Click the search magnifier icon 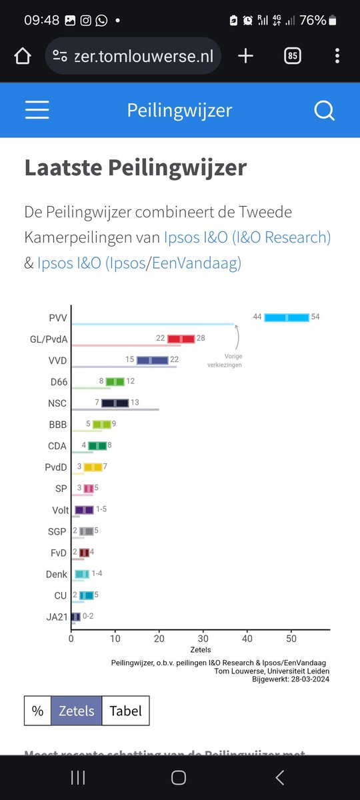tap(324, 110)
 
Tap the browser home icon tap(22, 56)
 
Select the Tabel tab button tap(125, 711)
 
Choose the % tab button tap(37, 711)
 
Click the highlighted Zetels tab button tap(77, 711)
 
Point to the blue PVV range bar tap(287, 317)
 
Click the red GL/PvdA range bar tap(181, 339)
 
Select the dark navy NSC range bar tap(115, 403)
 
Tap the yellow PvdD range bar tap(93, 467)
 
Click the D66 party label tap(59, 381)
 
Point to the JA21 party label tap(57, 617)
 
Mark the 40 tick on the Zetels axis tap(247, 637)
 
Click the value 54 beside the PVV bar tap(315, 317)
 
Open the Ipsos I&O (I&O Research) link tap(247, 237)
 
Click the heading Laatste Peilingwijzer tap(135, 167)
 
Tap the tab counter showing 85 tap(292, 56)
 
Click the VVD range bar tap(152, 360)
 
